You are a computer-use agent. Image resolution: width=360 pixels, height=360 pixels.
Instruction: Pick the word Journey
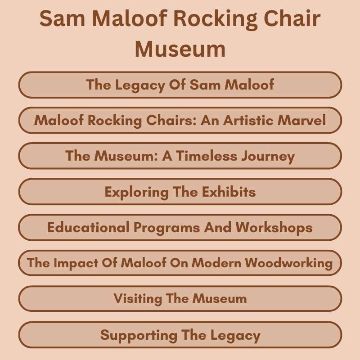click(268, 156)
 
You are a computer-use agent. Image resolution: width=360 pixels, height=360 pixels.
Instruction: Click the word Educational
click(88, 228)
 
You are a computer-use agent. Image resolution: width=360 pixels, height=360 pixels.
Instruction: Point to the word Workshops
click(274, 228)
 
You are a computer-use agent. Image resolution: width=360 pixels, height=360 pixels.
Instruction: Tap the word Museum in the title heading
click(180, 49)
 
